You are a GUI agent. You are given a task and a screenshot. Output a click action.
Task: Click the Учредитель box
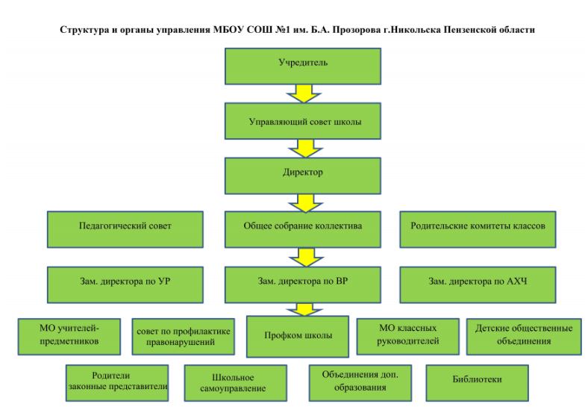click(x=303, y=66)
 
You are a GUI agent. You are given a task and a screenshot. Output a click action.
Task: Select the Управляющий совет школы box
click(x=303, y=121)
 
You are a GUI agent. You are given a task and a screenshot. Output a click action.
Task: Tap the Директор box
click(x=303, y=176)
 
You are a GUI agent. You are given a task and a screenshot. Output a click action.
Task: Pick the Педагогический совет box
click(x=125, y=229)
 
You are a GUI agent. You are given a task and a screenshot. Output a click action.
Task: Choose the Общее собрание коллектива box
click(x=303, y=229)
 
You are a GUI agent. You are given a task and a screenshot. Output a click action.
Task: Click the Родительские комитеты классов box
click(x=478, y=229)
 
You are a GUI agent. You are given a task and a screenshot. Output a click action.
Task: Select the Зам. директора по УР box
click(x=125, y=285)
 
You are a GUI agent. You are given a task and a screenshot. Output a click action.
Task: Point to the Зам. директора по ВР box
click(x=303, y=285)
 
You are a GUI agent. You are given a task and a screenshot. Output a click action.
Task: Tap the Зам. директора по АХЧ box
click(x=478, y=285)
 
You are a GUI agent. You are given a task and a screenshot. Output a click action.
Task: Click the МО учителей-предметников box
click(x=69, y=337)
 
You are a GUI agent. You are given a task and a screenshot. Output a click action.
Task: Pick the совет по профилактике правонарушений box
click(x=184, y=337)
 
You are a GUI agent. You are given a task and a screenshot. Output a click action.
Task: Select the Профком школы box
click(x=298, y=336)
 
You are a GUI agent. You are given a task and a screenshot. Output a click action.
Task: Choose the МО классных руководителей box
click(x=408, y=337)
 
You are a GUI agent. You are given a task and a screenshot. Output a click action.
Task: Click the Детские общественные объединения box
click(x=524, y=337)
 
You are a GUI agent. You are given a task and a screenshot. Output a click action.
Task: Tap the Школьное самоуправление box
click(x=236, y=383)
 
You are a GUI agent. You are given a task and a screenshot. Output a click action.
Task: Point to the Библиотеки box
click(x=478, y=383)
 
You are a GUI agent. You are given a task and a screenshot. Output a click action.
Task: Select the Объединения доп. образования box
click(x=360, y=383)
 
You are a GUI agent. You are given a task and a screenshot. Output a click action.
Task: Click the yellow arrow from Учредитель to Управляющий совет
click(x=304, y=93)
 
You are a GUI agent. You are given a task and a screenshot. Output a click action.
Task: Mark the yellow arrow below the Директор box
click(x=306, y=203)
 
